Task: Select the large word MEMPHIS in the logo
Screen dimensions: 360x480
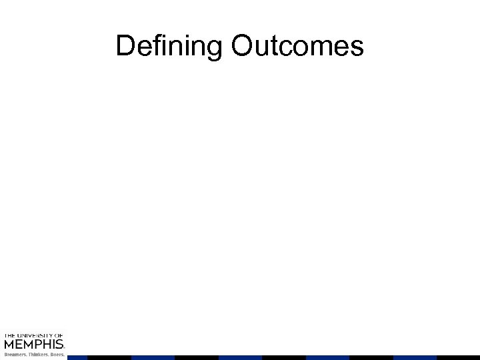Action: click(x=33, y=344)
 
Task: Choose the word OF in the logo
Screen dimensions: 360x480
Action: click(x=59, y=335)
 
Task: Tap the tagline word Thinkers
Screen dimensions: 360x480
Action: click(x=37, y=355)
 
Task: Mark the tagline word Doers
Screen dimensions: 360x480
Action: click(x=57, y=355)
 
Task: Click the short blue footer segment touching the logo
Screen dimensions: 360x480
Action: click(x=77, y=357)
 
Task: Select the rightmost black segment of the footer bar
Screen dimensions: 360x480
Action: click(x=458, y=357)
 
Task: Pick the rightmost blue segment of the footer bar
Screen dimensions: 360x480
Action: click(x=414, y=357)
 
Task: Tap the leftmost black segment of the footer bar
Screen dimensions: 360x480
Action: click(x=109, y=357)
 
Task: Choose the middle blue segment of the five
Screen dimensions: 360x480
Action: click(x=240, y=357)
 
